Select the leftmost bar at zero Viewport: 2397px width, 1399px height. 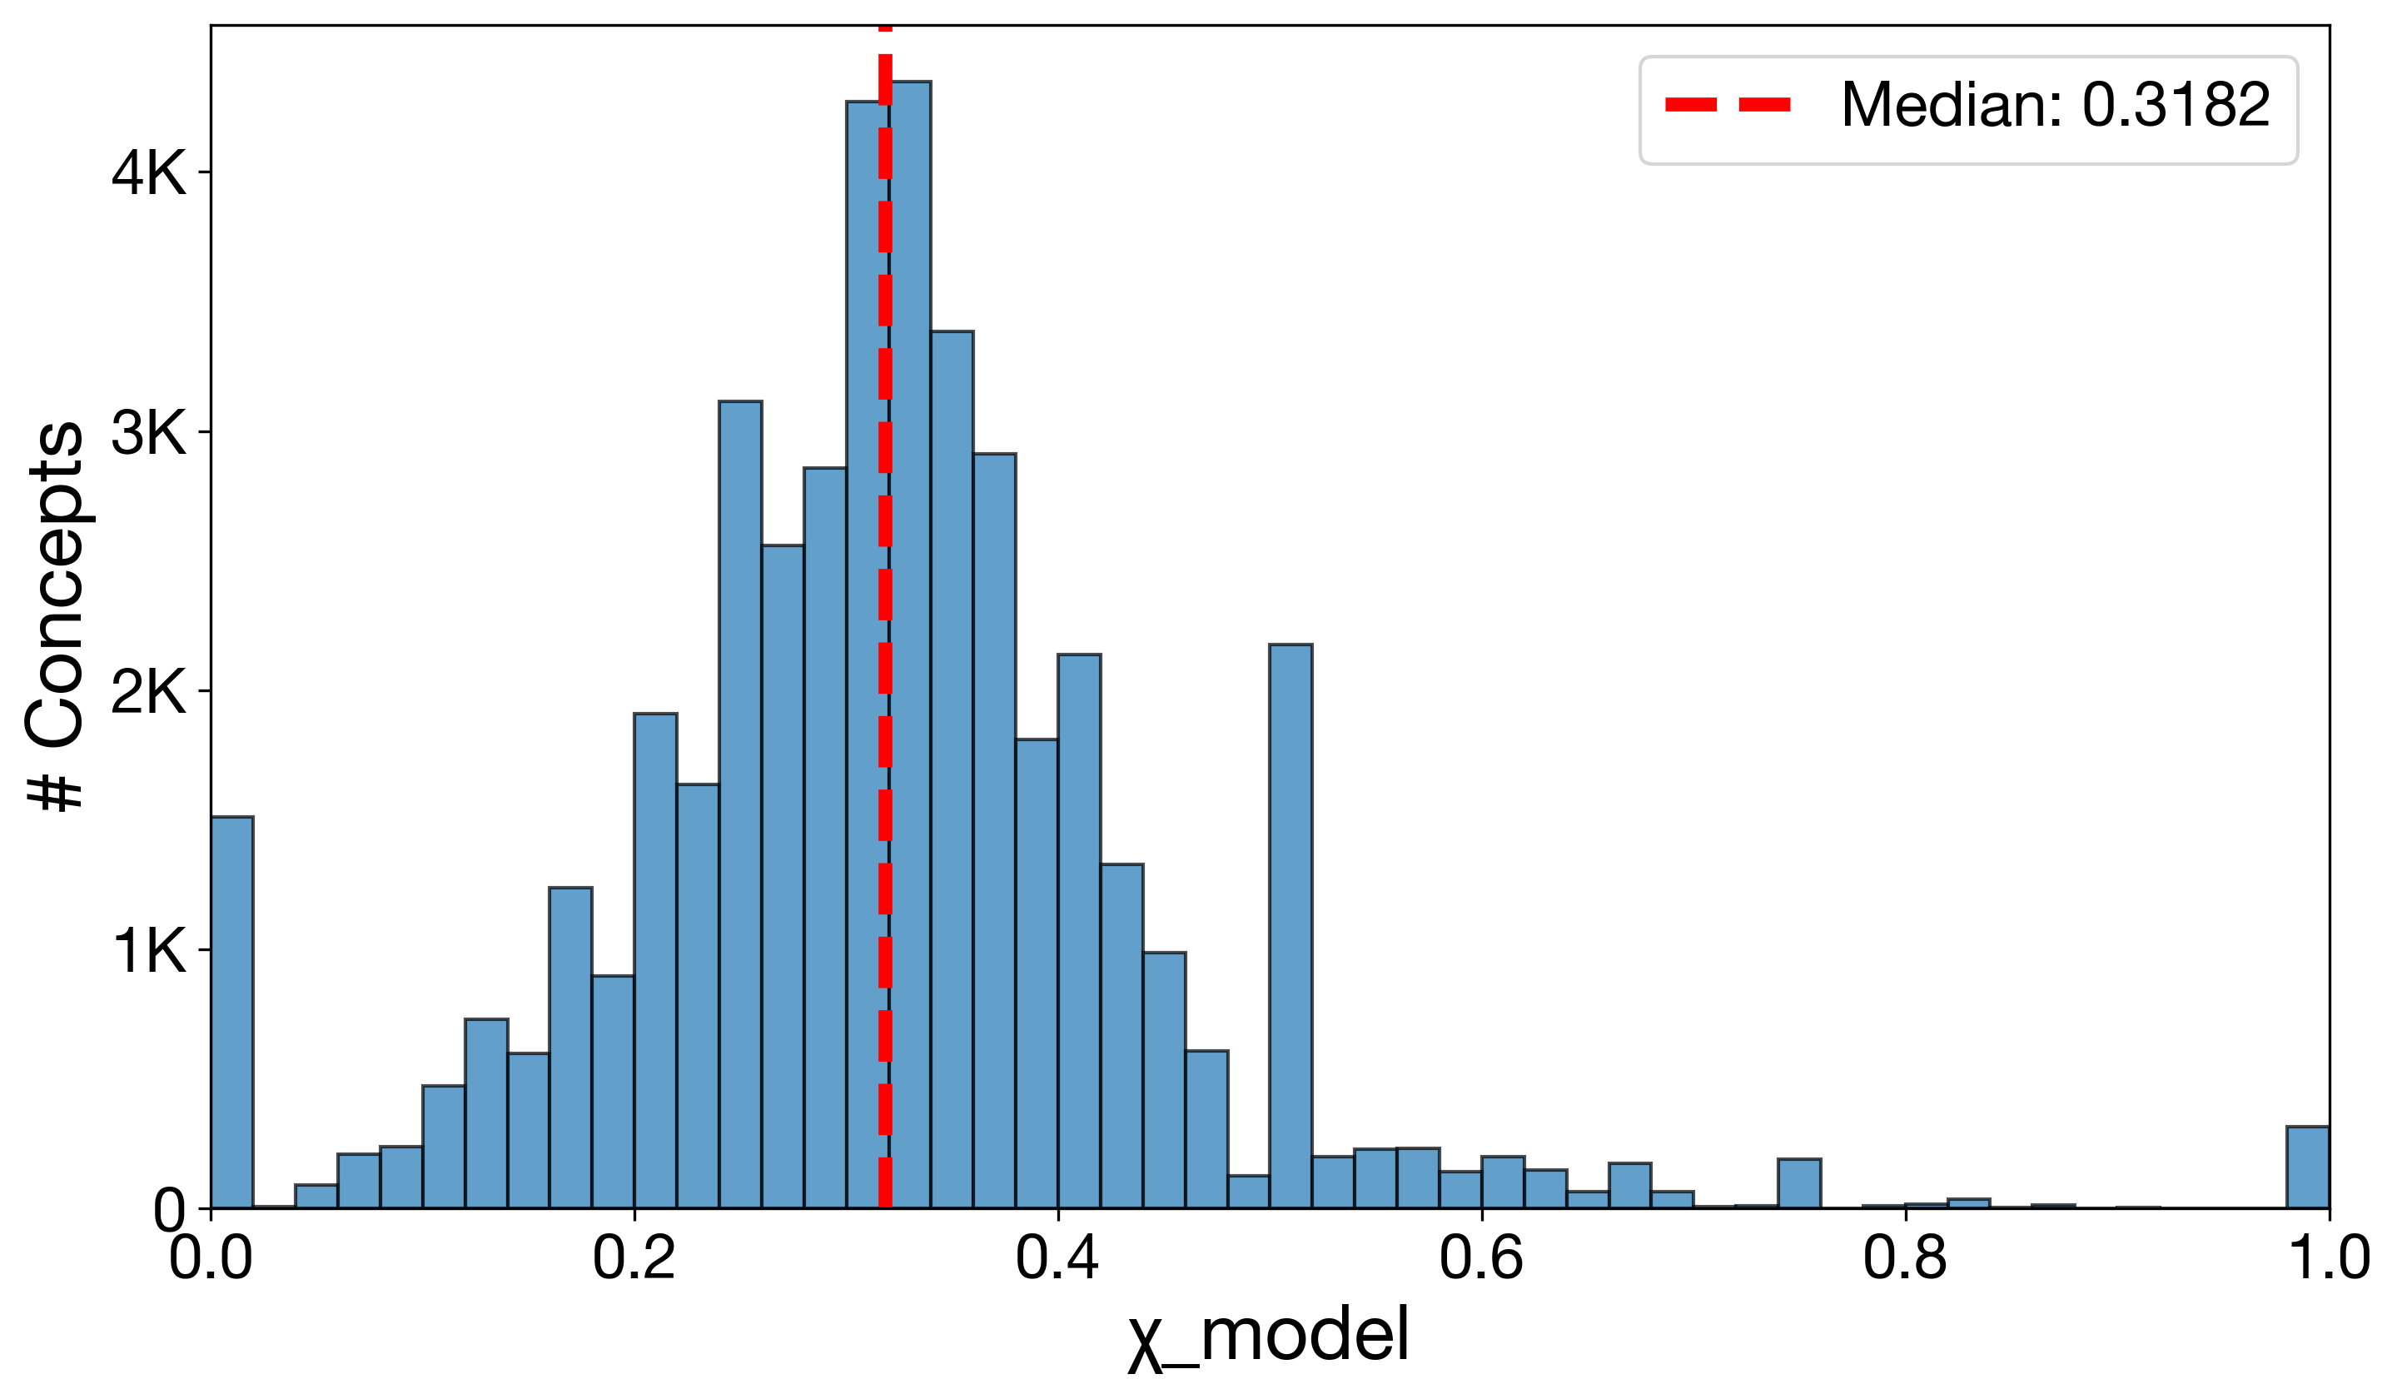232,1013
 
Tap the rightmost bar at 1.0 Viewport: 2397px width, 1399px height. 2308,1167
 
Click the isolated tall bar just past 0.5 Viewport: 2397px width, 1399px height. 1291,928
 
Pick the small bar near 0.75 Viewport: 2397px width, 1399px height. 1800,1184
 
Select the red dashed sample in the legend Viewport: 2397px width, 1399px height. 1728,105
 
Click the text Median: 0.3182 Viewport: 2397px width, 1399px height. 2055,105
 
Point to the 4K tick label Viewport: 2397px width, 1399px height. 148,173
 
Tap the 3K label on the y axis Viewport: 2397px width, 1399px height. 148,433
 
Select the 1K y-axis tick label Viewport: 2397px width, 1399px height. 148,951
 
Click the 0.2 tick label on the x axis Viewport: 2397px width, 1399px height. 634,1258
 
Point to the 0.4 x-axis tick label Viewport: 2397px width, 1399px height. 1057,1258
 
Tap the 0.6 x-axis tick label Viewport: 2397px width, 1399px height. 1481,1258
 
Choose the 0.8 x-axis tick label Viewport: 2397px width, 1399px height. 1905,1258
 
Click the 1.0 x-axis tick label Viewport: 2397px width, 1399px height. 2326,1258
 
